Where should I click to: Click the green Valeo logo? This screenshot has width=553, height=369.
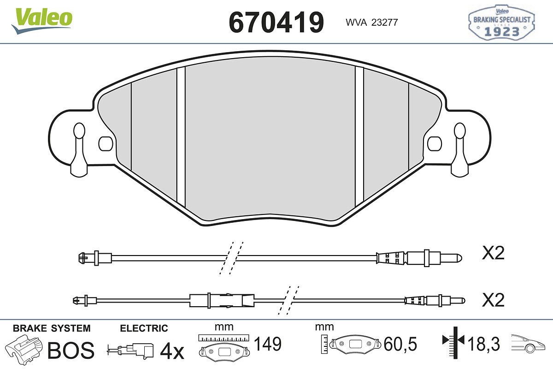(x=42, y=21)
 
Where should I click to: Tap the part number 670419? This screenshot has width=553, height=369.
(x=276, y=22)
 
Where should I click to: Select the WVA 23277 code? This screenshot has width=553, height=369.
(x=372, y=23)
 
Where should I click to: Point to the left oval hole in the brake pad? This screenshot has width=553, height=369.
(x=106, y=143)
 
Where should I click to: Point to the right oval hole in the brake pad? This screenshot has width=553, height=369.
(x=435, y=143)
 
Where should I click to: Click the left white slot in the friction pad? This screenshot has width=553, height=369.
(x=181, y=137)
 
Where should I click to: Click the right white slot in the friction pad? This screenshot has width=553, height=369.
(x=359, y=137)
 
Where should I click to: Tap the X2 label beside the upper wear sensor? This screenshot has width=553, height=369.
(x=493, y=253)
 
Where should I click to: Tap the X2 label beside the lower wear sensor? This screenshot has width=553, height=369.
(x=493, y=300)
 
